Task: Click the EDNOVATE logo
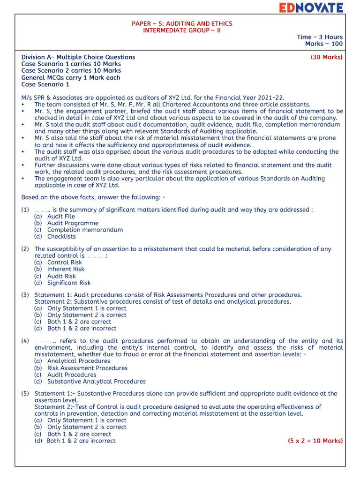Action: point(311,7)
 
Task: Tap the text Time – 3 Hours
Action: point(319,37)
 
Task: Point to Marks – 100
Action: point(323,44)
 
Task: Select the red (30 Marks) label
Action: point(326,57)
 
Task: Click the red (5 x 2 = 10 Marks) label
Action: point(315,441)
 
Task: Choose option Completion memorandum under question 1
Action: point(85,230)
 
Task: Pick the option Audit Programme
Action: point(73,223)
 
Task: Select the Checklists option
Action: point(61,237)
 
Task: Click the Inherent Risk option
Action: point(66,269)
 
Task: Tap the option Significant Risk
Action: point(69,283)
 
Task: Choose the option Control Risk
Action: point(65,262)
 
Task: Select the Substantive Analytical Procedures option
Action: point(96,382)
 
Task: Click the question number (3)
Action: point(25,295)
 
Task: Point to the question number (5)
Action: point(25,394)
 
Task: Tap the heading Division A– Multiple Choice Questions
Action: point(78,57)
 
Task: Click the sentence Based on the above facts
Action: point(93,197)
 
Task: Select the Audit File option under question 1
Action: point(61,217)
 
